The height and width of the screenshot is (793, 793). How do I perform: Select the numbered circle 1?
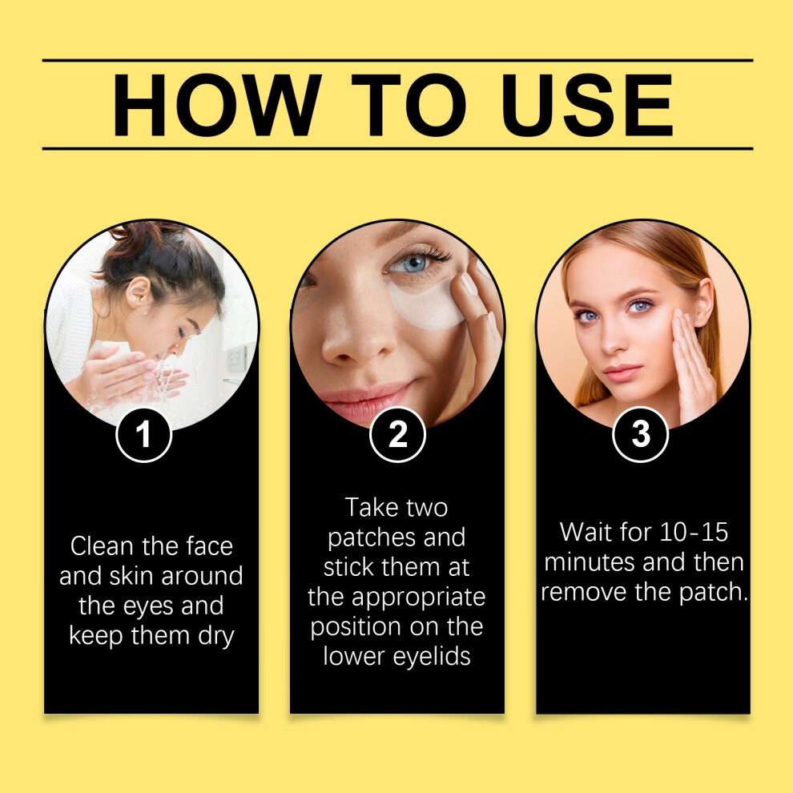144,434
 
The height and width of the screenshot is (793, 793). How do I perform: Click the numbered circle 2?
397,434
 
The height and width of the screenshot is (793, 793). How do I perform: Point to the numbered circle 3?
640,434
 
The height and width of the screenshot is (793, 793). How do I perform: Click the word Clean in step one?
103,546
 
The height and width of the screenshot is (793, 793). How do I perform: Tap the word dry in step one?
216,637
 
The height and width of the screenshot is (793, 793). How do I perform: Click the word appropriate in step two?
419,598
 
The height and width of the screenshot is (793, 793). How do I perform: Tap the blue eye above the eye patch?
413,264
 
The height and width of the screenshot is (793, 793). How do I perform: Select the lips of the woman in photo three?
622,372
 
